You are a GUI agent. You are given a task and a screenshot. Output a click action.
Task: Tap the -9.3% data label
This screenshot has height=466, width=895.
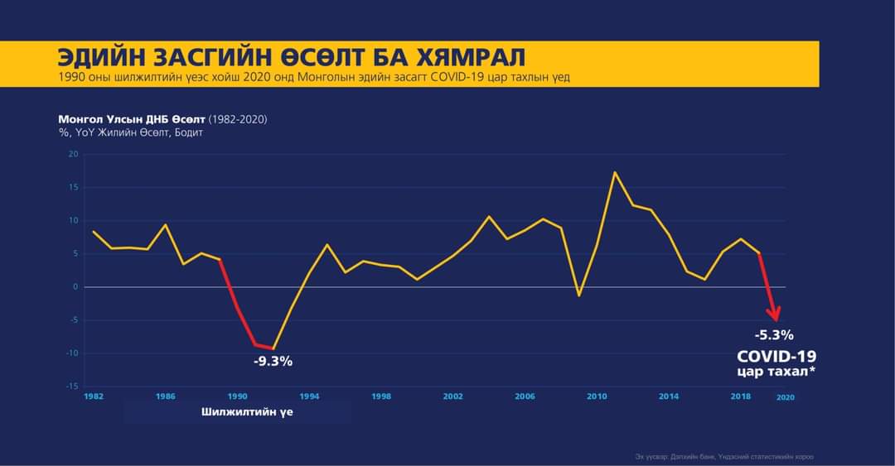point(273,362)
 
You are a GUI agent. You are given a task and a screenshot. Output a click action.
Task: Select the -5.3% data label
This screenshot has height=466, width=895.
point(774,335)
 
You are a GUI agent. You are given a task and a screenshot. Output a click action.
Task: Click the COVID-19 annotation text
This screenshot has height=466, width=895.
point(776,356)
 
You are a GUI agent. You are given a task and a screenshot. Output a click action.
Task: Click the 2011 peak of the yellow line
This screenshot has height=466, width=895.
point(615,172)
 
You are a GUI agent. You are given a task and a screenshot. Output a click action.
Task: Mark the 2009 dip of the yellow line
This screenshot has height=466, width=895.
point(579,295)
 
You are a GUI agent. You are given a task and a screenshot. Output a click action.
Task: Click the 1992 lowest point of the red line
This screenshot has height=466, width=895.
point(273,348)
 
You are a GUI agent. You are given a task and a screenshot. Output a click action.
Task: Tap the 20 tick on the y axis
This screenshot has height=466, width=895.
point(73,154)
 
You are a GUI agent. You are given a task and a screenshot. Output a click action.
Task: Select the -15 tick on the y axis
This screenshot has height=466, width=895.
point(73,387)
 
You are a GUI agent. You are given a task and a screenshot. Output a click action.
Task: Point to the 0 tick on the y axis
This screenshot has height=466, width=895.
point(75,286)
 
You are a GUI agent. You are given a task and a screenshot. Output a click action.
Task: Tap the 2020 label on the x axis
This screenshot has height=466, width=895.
point(785,398)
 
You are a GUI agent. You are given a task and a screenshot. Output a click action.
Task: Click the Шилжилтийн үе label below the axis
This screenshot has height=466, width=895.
point(247,412)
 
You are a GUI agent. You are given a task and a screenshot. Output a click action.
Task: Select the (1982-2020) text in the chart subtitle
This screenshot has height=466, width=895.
point(237,119)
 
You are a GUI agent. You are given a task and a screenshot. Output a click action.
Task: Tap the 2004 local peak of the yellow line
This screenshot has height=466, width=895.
point(489,217)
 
